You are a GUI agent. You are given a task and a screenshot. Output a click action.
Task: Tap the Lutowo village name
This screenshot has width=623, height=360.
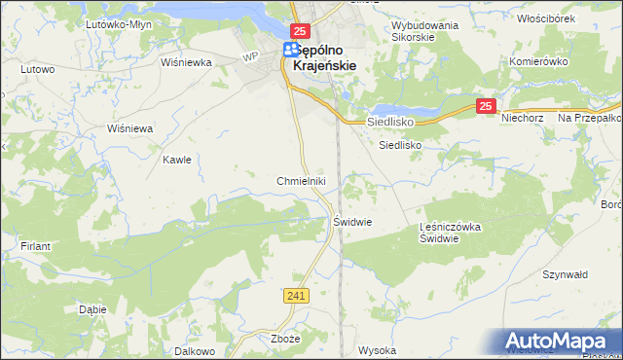[37, 70]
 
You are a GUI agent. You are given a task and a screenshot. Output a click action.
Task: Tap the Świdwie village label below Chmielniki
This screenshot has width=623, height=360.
[353, 221]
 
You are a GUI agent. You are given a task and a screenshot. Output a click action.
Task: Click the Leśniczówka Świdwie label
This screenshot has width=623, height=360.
[452, 233]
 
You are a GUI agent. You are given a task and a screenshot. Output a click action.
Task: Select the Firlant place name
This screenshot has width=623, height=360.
[35, 247]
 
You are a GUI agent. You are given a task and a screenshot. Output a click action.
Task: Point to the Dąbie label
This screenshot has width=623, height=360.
[92, 309]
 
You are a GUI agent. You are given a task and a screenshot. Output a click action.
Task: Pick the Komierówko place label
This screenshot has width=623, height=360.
[538, 60]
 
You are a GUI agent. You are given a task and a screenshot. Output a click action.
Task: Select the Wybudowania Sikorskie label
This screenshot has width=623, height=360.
[426, 34]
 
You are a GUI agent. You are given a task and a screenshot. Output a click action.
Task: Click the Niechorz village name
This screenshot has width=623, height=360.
[522, 118]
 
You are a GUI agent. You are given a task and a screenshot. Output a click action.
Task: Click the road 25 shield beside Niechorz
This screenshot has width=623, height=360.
[487, 106]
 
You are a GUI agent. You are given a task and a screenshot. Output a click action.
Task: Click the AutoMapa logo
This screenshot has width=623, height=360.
[559, 342]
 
